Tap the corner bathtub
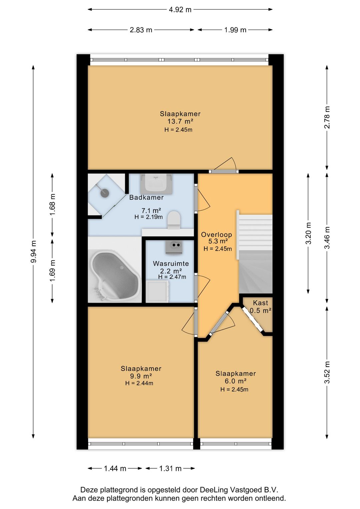point(114,276)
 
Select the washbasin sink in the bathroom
point(156,183)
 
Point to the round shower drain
point(105,193)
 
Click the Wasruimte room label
point(171,264)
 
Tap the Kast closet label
point(261,303)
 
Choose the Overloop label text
point(216,234)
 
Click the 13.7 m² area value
point(180,121)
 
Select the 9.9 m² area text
point(141,376)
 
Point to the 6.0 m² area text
point(236,381)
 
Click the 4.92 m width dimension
point(180,10)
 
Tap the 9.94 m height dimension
point(33,251)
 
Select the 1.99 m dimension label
point(235,30)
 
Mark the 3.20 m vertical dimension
point(308,233)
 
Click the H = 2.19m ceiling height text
point(149,217)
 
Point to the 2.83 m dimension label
point(141,30)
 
